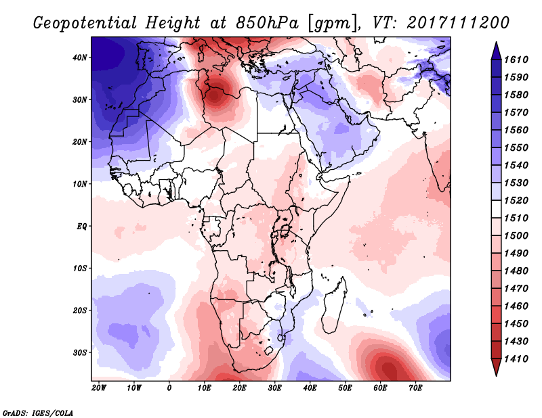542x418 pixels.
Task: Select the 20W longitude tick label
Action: pos(99,388)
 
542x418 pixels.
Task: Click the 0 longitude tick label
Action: pos(169,388)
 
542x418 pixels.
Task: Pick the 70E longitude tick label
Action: pos(415,388)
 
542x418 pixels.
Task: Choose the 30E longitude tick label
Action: pos(274,388)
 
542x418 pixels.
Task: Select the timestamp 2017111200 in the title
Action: pos(458,22)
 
